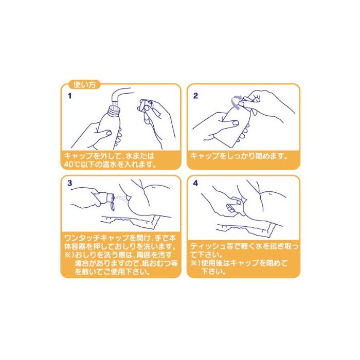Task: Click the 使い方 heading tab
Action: click(x=84, y=85)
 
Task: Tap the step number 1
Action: click(x=70, y=96)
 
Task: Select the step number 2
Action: click(x=195, y=96)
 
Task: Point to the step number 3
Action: click(x=70, y=183)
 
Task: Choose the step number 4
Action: click(x=195, y=183)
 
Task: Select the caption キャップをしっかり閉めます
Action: click(x=239, y=156)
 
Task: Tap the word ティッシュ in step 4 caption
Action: click(x=208, y=246)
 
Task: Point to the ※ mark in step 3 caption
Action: click(x=68, y=255)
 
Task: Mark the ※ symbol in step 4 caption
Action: click(x=195, y=263)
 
